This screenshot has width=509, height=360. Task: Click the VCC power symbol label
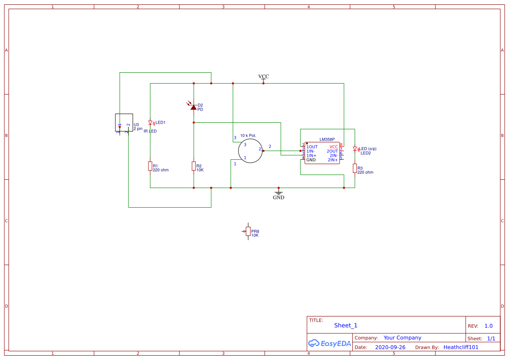[x=263, y=76]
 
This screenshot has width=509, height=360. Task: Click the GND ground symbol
[x=279, y=193]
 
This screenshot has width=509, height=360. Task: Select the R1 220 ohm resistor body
[x=150, y=166]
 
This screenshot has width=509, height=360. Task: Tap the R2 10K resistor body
[x=194, y=166]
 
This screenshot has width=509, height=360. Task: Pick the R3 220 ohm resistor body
[x=355, y=168]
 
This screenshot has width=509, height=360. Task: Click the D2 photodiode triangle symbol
[x=194, y=106]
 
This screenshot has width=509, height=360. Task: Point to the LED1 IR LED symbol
[x=150, y=123]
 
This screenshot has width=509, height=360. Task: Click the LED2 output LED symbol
[x=355, y=149]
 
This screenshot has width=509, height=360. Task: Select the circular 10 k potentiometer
[x=250, y=151]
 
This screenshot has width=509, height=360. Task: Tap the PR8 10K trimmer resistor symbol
[x=248, y=231]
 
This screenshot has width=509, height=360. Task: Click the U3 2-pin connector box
[x=124, y=122]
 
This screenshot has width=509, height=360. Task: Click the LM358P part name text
[x=327, y=139]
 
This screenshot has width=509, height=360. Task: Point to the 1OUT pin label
[x=312, y=147]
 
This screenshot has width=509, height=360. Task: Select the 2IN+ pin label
[x=333, y=160]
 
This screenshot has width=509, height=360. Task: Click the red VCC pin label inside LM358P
[x=334, y=147]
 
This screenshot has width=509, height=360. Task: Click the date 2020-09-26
[x=390, y=347]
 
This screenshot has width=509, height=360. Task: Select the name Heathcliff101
[x=461, y=347]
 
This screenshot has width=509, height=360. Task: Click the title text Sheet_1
[x=346, y=325]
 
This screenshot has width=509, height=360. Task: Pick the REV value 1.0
[x=489, y=326]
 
